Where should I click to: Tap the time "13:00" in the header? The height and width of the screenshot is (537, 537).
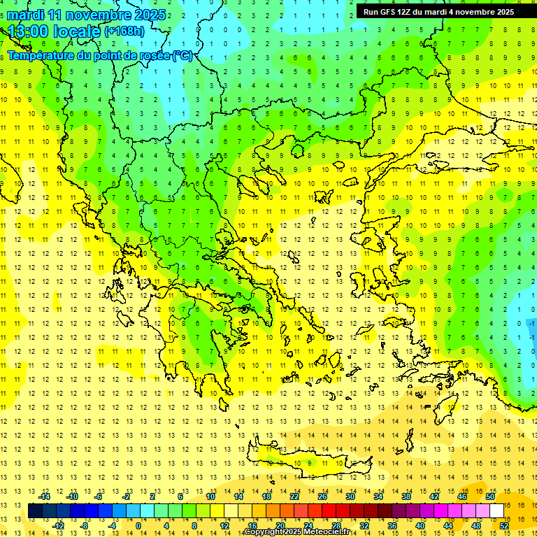click(x=29, y=31)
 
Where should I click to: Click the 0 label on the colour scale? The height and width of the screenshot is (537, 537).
click(x=138, y=525)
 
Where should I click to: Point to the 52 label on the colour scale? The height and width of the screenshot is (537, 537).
click(x=504, y=525)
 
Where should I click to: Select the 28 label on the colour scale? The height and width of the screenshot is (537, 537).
click(x=336, y=525)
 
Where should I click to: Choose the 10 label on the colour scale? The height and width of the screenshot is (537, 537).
click(x=210, y=496)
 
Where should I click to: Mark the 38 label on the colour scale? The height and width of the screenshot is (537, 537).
click(x=406, y=496)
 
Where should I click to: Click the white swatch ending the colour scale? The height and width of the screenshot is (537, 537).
click(x=496, y=510)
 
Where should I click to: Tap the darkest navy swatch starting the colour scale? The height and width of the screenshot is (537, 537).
click(x=35, y=510)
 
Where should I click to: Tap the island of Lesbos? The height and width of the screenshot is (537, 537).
click(x=378, y=238)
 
